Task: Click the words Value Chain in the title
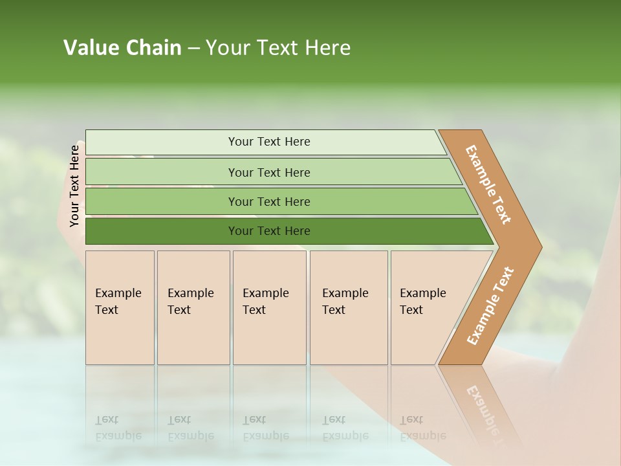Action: click(x=122, y=48)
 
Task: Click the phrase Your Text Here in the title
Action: click(x=278, y=48)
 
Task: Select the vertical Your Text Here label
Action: click(x=74, y=186)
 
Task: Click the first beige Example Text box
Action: click(x=120, y=307)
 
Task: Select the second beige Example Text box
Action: click(x=193, y=307)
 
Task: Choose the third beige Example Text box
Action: click(x=268, y=307)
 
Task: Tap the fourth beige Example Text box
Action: click(x=348, y=307)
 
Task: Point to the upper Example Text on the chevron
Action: click(x=488, y=185)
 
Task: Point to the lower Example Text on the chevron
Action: click(x=490, y=305)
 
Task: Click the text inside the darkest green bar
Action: click(x=269, y=231)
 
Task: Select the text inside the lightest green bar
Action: click(x=269, y=142)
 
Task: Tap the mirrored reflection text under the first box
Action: click(x=118, y=428)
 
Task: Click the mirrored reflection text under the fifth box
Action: click(x=422, y=428)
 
